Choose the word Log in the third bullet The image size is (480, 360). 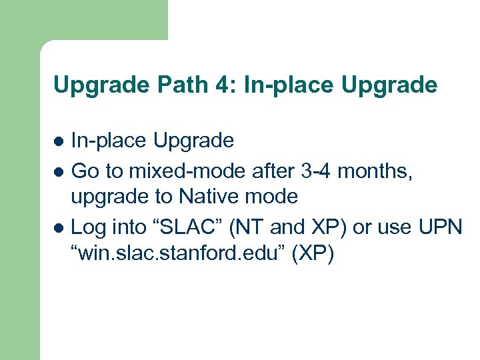pyautogui.click(x=87, y=228)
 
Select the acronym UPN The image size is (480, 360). pyautogui.click(x=439, y=228)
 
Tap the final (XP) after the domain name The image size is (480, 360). pyautogui.click(x=312, y=255)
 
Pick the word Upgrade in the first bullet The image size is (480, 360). pyautogui.click(x=193, y=141)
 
